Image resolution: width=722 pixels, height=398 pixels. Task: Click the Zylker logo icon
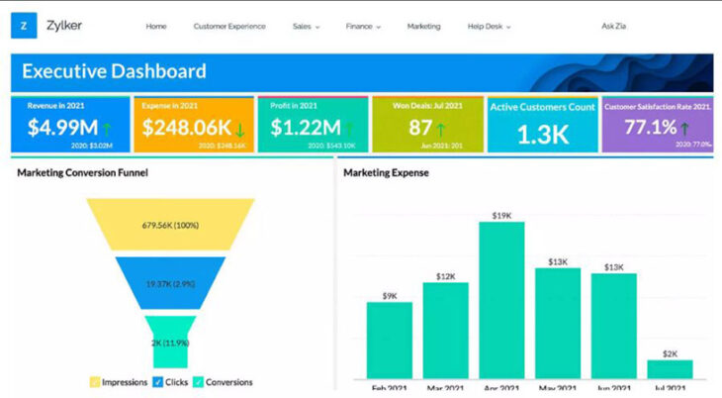click(24, 26)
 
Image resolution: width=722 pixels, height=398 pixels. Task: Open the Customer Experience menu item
click(229, 27)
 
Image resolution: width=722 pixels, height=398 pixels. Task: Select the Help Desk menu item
click(489, 27)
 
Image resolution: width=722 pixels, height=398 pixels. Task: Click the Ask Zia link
click(615, 27)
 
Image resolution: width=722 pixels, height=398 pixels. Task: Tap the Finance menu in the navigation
click(362, 27)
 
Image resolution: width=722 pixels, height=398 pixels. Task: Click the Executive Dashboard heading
click(114, 71)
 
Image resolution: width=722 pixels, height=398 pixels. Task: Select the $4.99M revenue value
click(61, 128)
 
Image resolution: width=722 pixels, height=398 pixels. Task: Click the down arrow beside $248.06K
click(240, 129)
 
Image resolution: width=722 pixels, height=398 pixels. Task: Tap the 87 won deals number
click(421, 128)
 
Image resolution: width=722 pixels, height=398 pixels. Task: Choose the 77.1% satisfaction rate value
click(649, 128)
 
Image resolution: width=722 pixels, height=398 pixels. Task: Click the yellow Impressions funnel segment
click(170, 224)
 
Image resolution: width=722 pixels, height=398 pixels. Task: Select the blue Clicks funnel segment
click(170, 283)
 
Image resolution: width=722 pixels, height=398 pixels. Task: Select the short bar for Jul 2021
click(670, 369)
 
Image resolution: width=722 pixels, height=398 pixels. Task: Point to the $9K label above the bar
click(389, 295)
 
